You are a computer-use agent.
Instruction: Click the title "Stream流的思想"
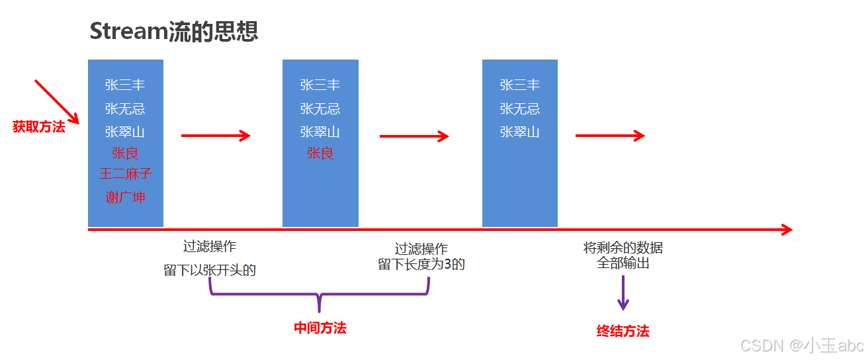click(173, 31)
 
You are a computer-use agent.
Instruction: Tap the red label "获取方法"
click(39, 127)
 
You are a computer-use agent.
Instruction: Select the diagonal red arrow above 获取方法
click(56, 101)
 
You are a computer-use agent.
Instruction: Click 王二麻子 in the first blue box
click(125, 173)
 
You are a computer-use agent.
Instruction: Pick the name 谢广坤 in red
click(125, 197)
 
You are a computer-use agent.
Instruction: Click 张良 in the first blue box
click(125, 153)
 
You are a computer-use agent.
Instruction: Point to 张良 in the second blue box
click(320, 153)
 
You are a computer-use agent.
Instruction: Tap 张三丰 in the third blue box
click(519, 85)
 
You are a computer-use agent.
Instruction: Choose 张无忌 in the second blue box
click(320, 109)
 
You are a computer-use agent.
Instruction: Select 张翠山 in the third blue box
click(519, 132)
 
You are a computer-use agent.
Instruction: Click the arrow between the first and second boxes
click(216, 136)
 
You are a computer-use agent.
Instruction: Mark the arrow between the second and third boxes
click(414, 136)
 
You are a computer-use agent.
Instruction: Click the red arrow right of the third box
click(609, 136)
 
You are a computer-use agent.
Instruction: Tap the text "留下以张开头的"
click(210, 270)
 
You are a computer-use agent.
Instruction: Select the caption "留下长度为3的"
click(421, 265)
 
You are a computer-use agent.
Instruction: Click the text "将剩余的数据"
click(623, 248)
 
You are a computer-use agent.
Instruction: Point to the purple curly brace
click(320, 294)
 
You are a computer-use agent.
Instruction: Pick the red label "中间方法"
click(320, 328)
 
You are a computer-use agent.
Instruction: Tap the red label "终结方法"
click(623, 332)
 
